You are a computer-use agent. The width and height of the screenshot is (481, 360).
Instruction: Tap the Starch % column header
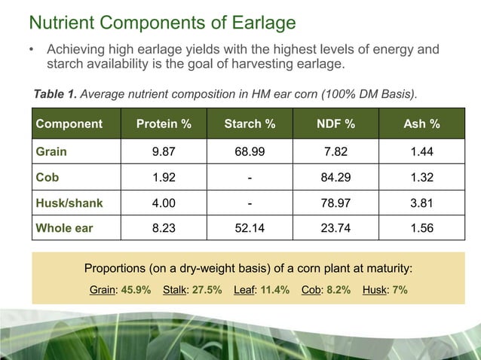click(250, 124)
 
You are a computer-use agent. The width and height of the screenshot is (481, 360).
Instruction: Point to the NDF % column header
click(335, 124)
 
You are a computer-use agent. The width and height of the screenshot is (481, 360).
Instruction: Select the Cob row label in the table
click(47, 177)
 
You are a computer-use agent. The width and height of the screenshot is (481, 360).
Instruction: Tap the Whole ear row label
click(64, 228)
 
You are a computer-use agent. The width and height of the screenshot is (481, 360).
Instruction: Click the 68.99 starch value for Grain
click(250, 151)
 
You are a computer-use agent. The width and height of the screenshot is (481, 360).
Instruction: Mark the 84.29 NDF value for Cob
click(335, 177)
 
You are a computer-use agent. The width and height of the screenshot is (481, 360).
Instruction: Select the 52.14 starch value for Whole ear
click(250, 228)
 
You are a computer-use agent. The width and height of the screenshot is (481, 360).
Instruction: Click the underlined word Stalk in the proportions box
click(176, 289)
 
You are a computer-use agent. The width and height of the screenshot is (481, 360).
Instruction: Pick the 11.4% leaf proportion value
click(274, 289)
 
